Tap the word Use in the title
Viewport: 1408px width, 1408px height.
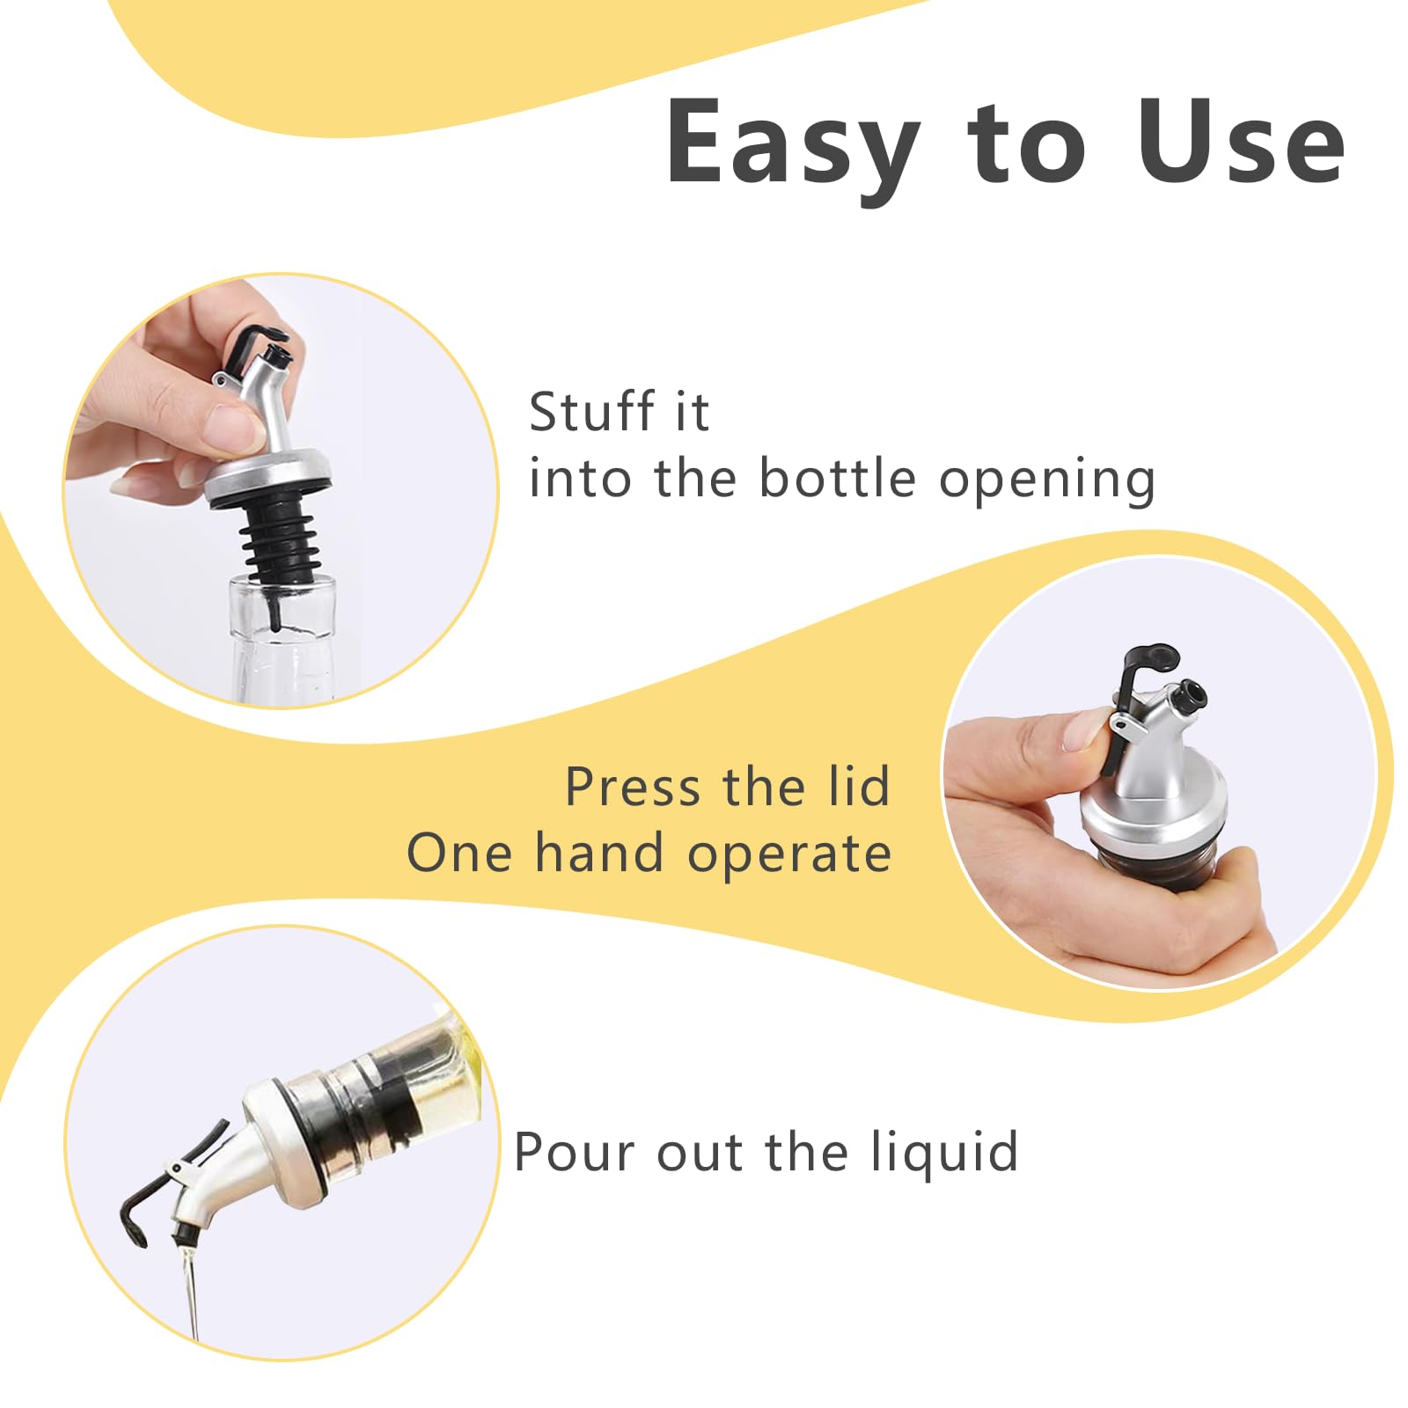pos(1241,141)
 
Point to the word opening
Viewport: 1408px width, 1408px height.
pos(1047,482)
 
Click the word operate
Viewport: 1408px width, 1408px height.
pos(789,856)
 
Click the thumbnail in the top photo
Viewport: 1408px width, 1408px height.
pos(230,428)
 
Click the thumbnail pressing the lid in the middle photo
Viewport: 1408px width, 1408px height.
pos(1088,730)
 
